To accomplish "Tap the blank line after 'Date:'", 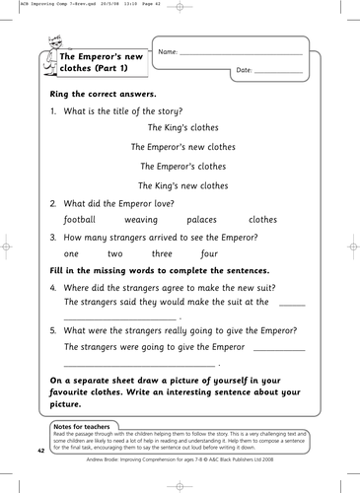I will click(279, 72).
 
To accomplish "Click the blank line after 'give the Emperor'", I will click(279, 349).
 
